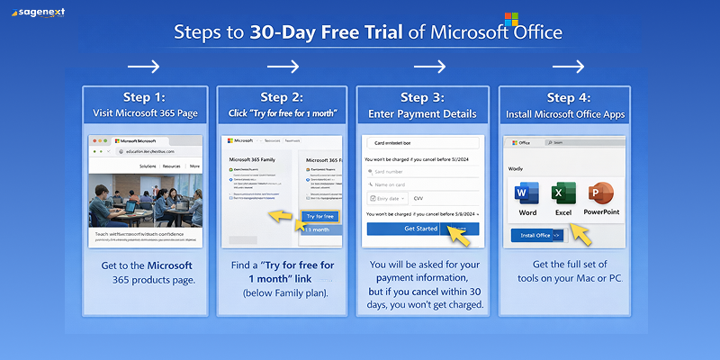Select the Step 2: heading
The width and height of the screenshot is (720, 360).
coord(280,97)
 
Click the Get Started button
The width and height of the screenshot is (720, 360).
coord(420,229)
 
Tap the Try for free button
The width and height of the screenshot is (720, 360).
coord(319,216)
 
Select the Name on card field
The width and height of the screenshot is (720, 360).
coord(423,184)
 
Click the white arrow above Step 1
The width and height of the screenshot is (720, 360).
coord(143,67)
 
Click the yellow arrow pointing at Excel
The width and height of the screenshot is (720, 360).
coord(582,236)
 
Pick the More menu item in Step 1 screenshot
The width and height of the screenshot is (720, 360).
coord(194,166)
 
